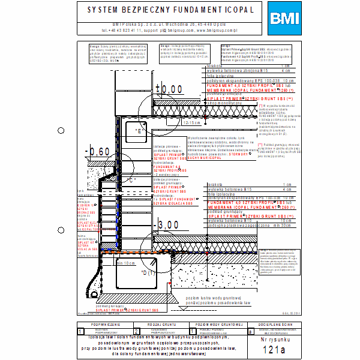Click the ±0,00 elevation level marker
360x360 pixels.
pos(169,89)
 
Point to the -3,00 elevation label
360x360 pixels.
pos(167,226)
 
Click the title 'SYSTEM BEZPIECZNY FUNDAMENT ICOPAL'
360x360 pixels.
pos(170,10)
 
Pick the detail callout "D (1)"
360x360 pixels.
pos(147,272)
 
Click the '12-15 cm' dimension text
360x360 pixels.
pos(192,122)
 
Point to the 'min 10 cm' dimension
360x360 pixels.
pos(126,263)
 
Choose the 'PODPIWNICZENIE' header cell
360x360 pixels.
pos(105,324)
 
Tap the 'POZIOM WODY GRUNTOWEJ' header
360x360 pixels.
pos(214,324)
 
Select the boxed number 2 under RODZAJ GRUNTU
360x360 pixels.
pos(136,331)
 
